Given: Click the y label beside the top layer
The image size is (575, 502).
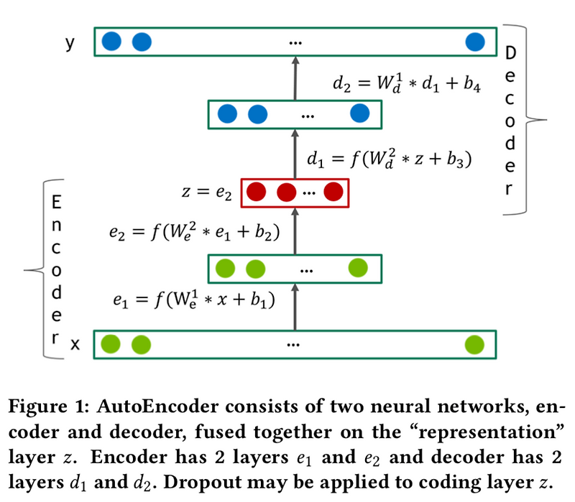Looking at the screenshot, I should point(70,44).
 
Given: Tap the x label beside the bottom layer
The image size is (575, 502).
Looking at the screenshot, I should point(74,345).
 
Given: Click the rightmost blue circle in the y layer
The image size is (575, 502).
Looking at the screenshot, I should point(475,42).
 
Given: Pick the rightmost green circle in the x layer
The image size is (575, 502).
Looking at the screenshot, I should point(474,344).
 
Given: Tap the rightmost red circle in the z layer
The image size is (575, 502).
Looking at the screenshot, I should point(333,192).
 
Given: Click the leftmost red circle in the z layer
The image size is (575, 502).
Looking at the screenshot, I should point(257,192).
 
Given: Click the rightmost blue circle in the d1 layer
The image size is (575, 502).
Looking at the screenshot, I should point(359,113).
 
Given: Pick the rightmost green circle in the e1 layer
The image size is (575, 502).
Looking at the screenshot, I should point(358,269).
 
